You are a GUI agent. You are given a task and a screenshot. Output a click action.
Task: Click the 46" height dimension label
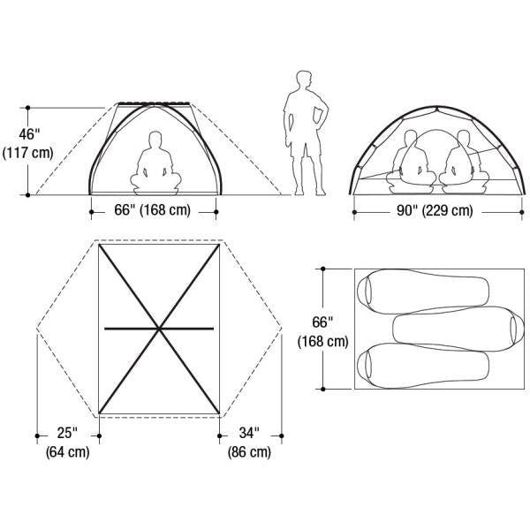click(x=29, y=134)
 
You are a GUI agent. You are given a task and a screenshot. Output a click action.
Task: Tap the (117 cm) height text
click(x=27, y=153)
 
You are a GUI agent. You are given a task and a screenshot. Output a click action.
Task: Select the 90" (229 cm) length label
click(x=435, y=211)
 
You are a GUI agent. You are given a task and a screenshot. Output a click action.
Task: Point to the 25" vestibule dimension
click(x=67, y=433)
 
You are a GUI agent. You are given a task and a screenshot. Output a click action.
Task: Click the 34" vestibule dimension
click(x=249, y=433)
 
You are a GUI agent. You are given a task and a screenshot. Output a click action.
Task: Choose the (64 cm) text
click(x=68, y=452)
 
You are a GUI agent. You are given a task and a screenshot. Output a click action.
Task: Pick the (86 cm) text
click(x=249, y=452)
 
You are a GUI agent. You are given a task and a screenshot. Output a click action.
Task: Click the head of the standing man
click(x=304, y=79)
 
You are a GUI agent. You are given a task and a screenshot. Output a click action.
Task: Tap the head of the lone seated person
click(x=155, y=139)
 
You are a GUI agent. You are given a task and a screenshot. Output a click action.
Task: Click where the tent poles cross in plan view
click(x=159, y=329)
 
